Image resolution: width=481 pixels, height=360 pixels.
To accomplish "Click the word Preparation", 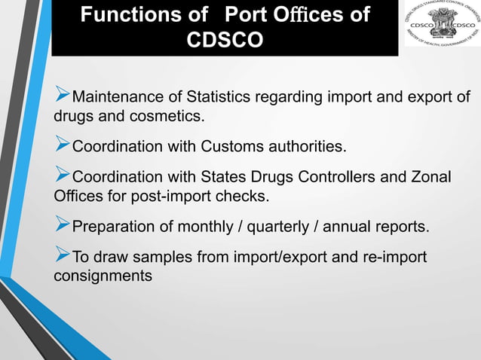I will click(x=116, y=227).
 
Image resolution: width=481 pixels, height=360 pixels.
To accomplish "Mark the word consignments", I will click(x=103, y=276).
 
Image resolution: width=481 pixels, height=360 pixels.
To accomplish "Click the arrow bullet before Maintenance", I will click(x=63, y=96).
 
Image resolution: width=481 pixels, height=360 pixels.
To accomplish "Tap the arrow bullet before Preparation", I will click(x=63, y=226).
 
